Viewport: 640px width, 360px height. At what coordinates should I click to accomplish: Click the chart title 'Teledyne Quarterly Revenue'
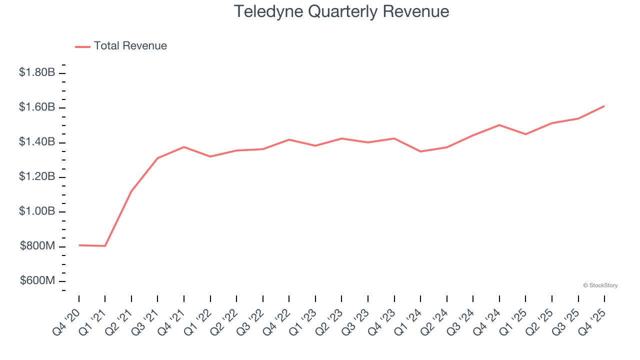click(341, 11)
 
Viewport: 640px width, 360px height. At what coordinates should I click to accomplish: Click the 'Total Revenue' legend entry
click(130, 46)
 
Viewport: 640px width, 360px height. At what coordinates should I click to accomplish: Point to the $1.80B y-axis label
click(37, 73)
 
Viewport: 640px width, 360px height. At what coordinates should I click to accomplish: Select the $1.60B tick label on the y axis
click(37, 107)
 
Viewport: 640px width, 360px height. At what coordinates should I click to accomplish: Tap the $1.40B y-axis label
click(37, 142)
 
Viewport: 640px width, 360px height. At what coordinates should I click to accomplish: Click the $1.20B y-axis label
click(37, 177)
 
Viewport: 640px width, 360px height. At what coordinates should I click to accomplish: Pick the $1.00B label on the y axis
click(37, 212)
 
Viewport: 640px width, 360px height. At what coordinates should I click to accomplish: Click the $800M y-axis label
click(37, 246)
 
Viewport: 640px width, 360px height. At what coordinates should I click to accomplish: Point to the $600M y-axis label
click(37, 281)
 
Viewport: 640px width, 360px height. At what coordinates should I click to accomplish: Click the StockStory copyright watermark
click(600, 285)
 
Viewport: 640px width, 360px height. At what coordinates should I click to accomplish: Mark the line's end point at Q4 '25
click(604, 106)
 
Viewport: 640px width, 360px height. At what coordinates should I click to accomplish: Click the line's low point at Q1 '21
click(105, 246)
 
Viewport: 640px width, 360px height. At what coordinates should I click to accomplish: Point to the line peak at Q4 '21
click(184, 147)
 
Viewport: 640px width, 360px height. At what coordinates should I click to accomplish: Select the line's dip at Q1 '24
click(420, 151)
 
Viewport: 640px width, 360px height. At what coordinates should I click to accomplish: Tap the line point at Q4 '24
click(499, 125)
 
